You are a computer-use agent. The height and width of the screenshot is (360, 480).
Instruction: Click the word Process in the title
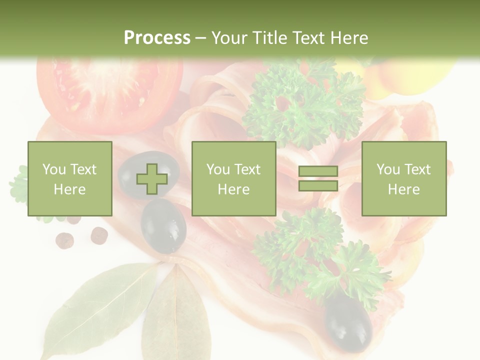157,37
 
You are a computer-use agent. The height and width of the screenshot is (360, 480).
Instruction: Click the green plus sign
152,179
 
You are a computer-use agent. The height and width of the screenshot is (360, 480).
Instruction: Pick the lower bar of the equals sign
318,185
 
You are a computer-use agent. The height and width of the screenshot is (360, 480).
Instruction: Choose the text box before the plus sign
70,179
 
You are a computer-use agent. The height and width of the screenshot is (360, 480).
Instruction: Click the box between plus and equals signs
234,179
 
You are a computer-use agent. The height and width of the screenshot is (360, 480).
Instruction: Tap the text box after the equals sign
404,179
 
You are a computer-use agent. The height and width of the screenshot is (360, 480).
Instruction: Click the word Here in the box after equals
404,189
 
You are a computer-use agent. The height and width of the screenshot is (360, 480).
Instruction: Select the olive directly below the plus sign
163,226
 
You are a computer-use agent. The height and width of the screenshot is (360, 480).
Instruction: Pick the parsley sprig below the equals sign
320,255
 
